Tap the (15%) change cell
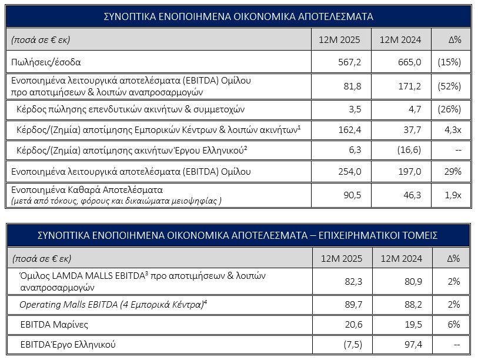pos(449,61)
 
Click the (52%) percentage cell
pos(449,86)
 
